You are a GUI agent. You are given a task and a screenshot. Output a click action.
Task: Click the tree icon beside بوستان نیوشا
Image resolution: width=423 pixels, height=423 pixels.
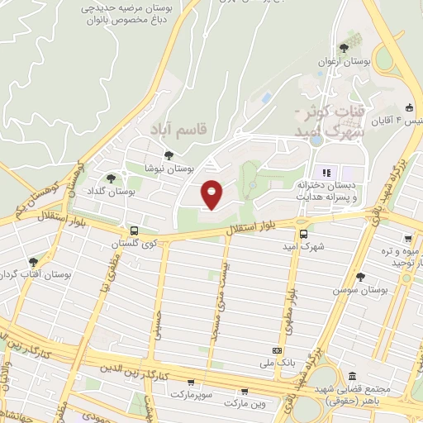(169, 154)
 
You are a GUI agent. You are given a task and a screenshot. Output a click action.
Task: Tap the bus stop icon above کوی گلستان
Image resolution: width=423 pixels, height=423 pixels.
(134, 231)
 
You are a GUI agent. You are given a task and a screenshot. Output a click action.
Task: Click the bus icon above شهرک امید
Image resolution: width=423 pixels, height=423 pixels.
(302, 234)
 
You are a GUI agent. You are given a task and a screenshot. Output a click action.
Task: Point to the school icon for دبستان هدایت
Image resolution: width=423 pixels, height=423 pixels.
(326, 173)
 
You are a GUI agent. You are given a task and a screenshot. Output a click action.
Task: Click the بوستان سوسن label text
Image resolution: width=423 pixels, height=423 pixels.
(361, 291)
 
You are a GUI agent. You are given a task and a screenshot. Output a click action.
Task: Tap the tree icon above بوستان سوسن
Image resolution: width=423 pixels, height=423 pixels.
(359, 277)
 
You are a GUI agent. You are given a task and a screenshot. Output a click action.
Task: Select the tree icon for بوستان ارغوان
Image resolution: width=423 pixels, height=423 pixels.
(343, 48)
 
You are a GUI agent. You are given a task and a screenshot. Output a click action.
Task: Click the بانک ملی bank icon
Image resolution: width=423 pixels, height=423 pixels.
(275, 349)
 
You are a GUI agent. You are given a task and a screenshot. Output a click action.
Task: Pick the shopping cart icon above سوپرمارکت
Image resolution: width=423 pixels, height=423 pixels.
(192, 383)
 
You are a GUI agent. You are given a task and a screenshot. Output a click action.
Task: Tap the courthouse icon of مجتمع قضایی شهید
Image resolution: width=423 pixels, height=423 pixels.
(353, 376)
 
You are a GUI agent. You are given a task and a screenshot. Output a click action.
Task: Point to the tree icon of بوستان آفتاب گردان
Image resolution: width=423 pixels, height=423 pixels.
(33, 262)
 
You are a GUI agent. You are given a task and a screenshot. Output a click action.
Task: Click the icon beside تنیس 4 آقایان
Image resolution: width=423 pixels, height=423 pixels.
(409, 107)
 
